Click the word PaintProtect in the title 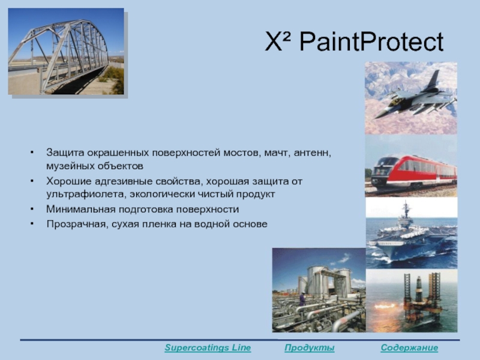pos(371,41)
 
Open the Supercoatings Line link pos(208,348)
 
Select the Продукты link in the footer pos(309,348)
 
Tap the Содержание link pos(409,348)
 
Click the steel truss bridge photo pos(66,51)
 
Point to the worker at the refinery pos(302,299)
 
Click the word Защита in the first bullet pos(65,152)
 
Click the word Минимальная pos(80,209)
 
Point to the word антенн pos(312,153)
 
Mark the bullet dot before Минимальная pos(32,209)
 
